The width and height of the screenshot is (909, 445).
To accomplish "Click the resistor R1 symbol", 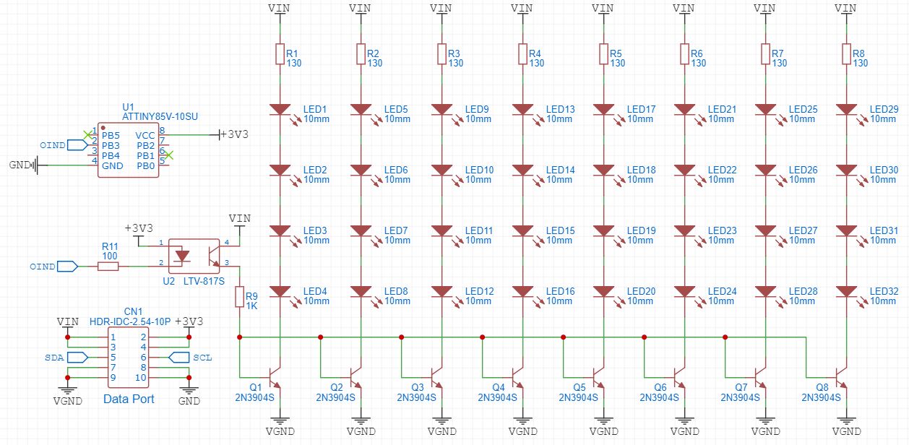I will tap(280, 54).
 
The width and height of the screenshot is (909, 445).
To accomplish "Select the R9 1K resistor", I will tap(239, 296).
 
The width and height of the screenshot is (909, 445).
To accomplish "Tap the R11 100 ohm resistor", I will tap(108, 267).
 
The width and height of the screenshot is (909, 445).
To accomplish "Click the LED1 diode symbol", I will tap(280, 110).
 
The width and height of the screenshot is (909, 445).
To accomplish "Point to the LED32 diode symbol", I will tap(846, 292).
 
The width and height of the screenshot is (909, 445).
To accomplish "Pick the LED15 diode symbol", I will tap(522, 231).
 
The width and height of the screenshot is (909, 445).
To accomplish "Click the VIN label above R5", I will tap(603, 8).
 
